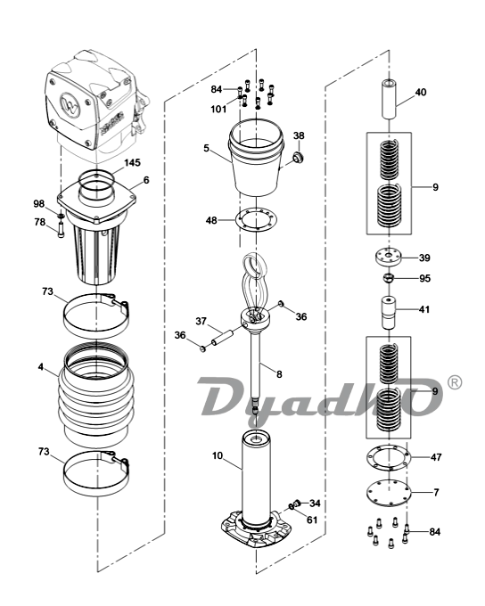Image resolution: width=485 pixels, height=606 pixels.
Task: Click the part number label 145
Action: [132, 163]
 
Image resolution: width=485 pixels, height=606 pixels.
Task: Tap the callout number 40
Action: [421, 92]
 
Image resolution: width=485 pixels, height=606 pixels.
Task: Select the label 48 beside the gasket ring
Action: [211, 221]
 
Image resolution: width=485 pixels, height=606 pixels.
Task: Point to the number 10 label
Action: [218, 455]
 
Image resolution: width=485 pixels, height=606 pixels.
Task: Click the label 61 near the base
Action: [312, 520]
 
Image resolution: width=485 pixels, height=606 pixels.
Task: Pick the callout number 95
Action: [424, 278]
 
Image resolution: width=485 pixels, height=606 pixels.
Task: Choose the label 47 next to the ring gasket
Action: [436, 457]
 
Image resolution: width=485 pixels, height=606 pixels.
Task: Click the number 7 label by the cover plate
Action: [436, 492]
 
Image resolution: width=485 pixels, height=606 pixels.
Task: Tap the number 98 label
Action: [38, 204]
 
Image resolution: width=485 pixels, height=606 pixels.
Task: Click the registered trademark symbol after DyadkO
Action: [455, 382]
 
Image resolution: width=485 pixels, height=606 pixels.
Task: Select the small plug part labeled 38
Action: [298, 157]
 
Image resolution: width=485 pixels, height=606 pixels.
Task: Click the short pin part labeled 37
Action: [221, 337]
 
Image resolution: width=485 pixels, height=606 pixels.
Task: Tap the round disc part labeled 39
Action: [389, 258]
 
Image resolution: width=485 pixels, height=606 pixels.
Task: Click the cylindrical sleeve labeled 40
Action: [389, 99]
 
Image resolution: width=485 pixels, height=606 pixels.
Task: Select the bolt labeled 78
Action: [62, 231]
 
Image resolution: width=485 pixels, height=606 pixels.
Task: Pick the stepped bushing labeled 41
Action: [389, 312]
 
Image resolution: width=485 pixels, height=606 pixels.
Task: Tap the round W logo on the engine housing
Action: [70, 103]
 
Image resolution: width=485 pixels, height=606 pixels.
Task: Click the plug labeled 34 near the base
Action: [297, 503]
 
